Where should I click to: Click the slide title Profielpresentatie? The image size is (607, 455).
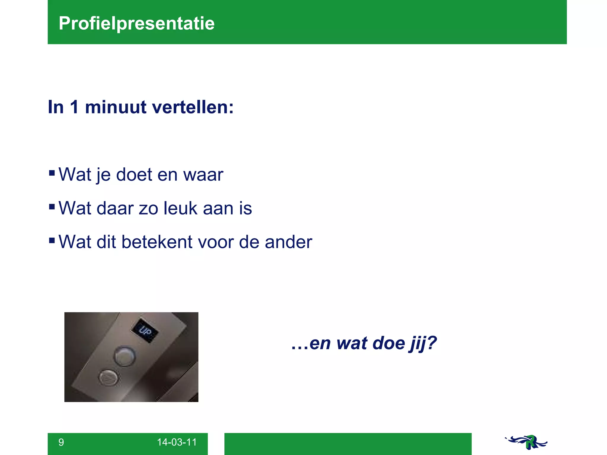coord(137,23)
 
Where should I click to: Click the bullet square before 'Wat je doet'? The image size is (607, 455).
coord(52,172)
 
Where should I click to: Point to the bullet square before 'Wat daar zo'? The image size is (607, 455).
coord(52,206)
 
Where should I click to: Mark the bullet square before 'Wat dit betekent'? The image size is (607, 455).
coord(52,240)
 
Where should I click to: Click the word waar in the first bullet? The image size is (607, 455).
coord(203,175)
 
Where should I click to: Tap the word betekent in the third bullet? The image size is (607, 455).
coord(157,242)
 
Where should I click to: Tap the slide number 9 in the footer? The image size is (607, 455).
coord(61,442)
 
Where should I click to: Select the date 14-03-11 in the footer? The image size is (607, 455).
coord(177,442)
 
